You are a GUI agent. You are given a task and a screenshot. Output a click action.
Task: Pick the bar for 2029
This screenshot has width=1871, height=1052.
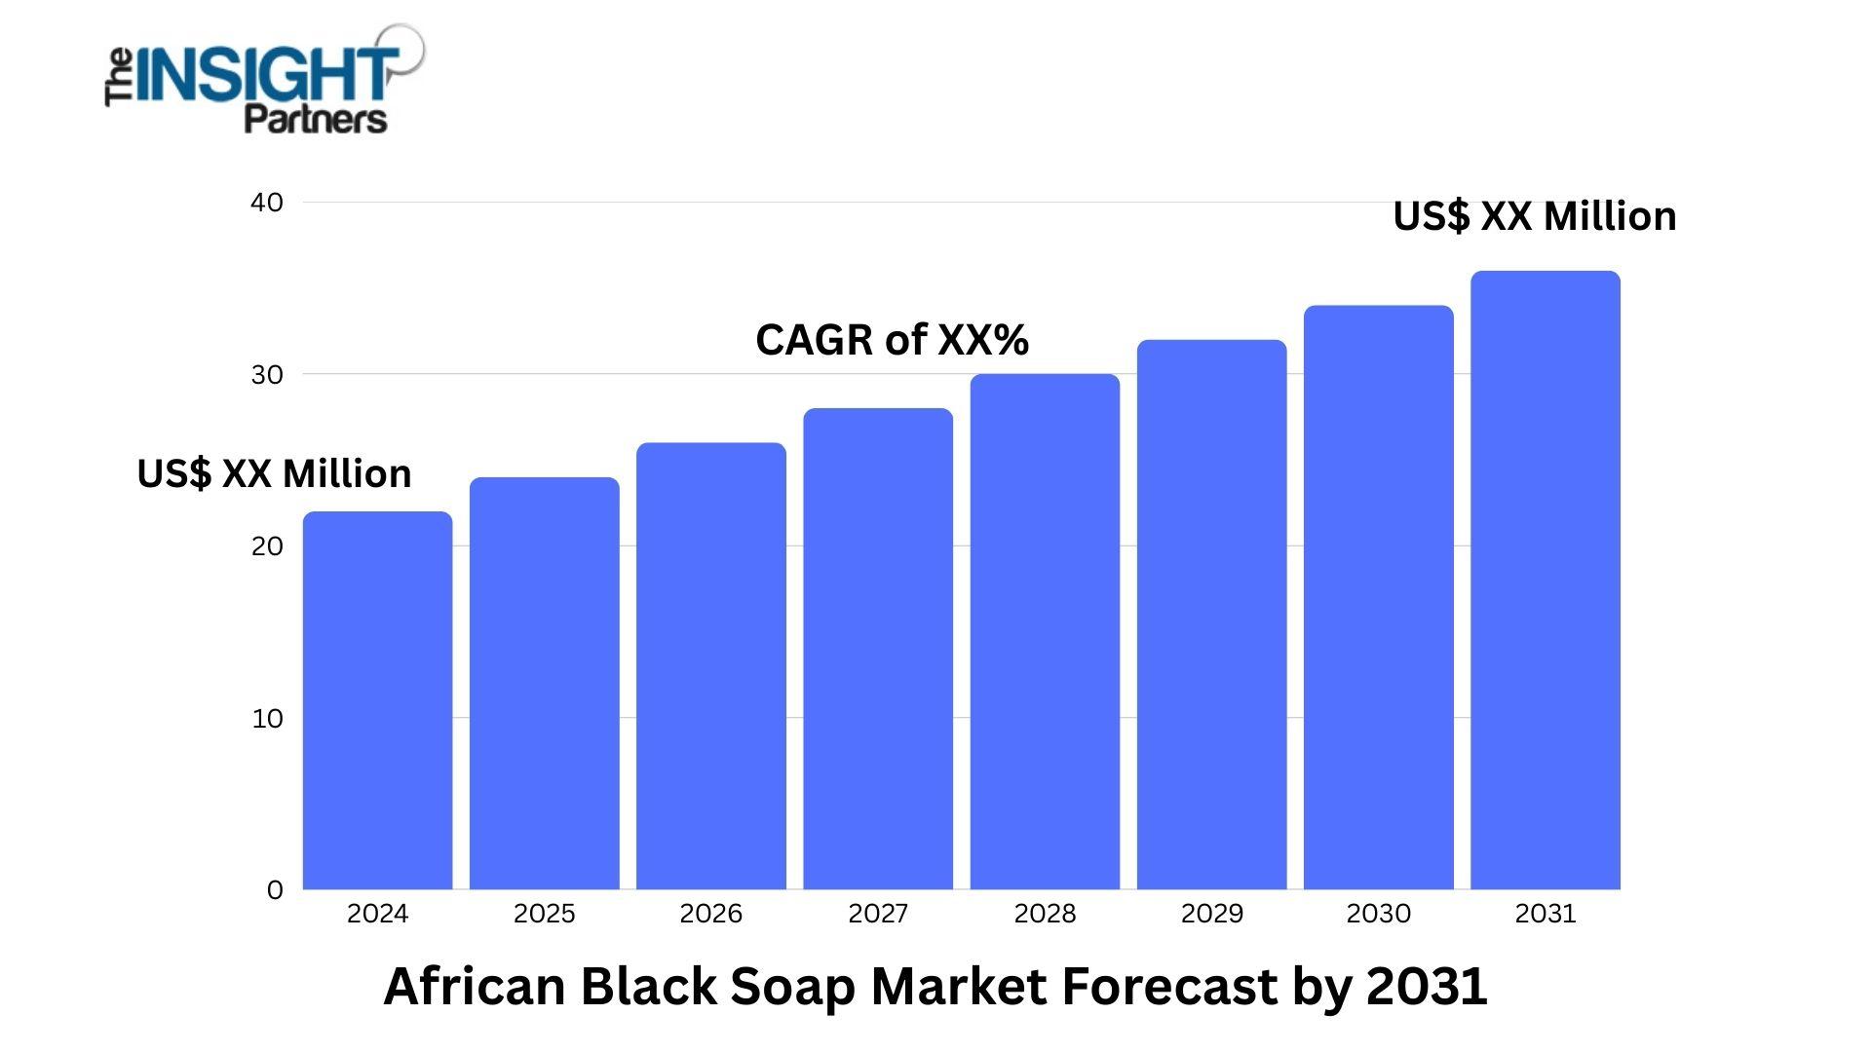click(x=1211, y=614)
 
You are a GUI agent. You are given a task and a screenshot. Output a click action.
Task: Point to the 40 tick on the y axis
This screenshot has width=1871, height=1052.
click(x=266, y=203)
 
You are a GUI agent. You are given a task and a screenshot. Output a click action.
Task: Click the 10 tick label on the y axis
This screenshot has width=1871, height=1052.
click(x=267, y=719)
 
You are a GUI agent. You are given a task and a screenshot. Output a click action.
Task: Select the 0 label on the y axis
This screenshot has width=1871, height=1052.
click(x=275, y=890)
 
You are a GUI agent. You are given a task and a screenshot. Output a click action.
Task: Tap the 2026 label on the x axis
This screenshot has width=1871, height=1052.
click(x=710, y=914)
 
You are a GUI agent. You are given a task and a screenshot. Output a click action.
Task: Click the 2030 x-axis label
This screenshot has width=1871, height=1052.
click(x=1378, y=914)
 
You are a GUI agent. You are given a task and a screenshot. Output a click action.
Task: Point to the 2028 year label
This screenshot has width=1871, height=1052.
click(x=1045, y=914)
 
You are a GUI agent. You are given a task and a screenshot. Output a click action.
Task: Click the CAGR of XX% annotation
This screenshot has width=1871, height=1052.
click(x=892, y=340)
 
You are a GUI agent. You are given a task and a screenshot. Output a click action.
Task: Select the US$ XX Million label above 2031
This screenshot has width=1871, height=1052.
click(x=1534, y=216)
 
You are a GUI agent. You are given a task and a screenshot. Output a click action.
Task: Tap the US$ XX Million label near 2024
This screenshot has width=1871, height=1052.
click(x=274, y=473)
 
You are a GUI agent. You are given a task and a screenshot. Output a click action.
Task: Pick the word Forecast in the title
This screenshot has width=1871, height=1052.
click(x=1168, y=986)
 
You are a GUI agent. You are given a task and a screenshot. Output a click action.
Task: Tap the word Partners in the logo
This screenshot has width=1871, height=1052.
click(x=315, y=119)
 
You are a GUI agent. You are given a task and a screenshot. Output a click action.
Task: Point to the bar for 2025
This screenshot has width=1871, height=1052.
click(x=544, y=682)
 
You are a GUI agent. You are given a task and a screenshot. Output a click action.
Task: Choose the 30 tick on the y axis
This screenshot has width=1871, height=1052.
click(x=266, y=375)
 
